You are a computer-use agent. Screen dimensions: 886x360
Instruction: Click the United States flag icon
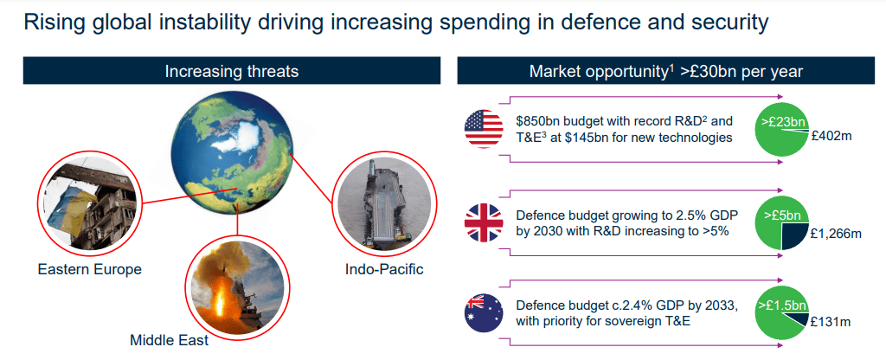(x=483, y=129)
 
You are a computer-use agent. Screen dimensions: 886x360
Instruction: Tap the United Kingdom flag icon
(x=483, y=223)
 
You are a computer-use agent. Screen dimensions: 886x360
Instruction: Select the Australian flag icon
(x=483, y=313)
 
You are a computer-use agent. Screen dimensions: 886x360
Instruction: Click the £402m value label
(x=831, y=136)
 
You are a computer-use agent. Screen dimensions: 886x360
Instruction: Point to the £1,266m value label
(x=835, y=233)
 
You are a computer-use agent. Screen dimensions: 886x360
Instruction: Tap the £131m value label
(x=830, y=323)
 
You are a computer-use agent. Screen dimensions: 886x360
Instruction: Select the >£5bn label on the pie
(x=782, y=215)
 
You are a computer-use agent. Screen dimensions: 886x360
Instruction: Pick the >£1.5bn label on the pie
(x=782, y=305)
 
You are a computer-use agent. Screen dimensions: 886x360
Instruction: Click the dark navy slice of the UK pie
(x=794, y=235)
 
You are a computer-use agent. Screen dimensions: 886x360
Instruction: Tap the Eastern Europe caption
(x=90, y=269)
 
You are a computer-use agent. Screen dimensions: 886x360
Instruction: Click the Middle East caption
(x=169, y=340)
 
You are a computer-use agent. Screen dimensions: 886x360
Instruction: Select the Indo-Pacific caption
(x=384, y=268)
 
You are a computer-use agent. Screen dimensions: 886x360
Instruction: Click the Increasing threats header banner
(x=232, y=71)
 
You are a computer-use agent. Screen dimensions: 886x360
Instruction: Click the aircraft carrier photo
(x=382, y=203)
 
